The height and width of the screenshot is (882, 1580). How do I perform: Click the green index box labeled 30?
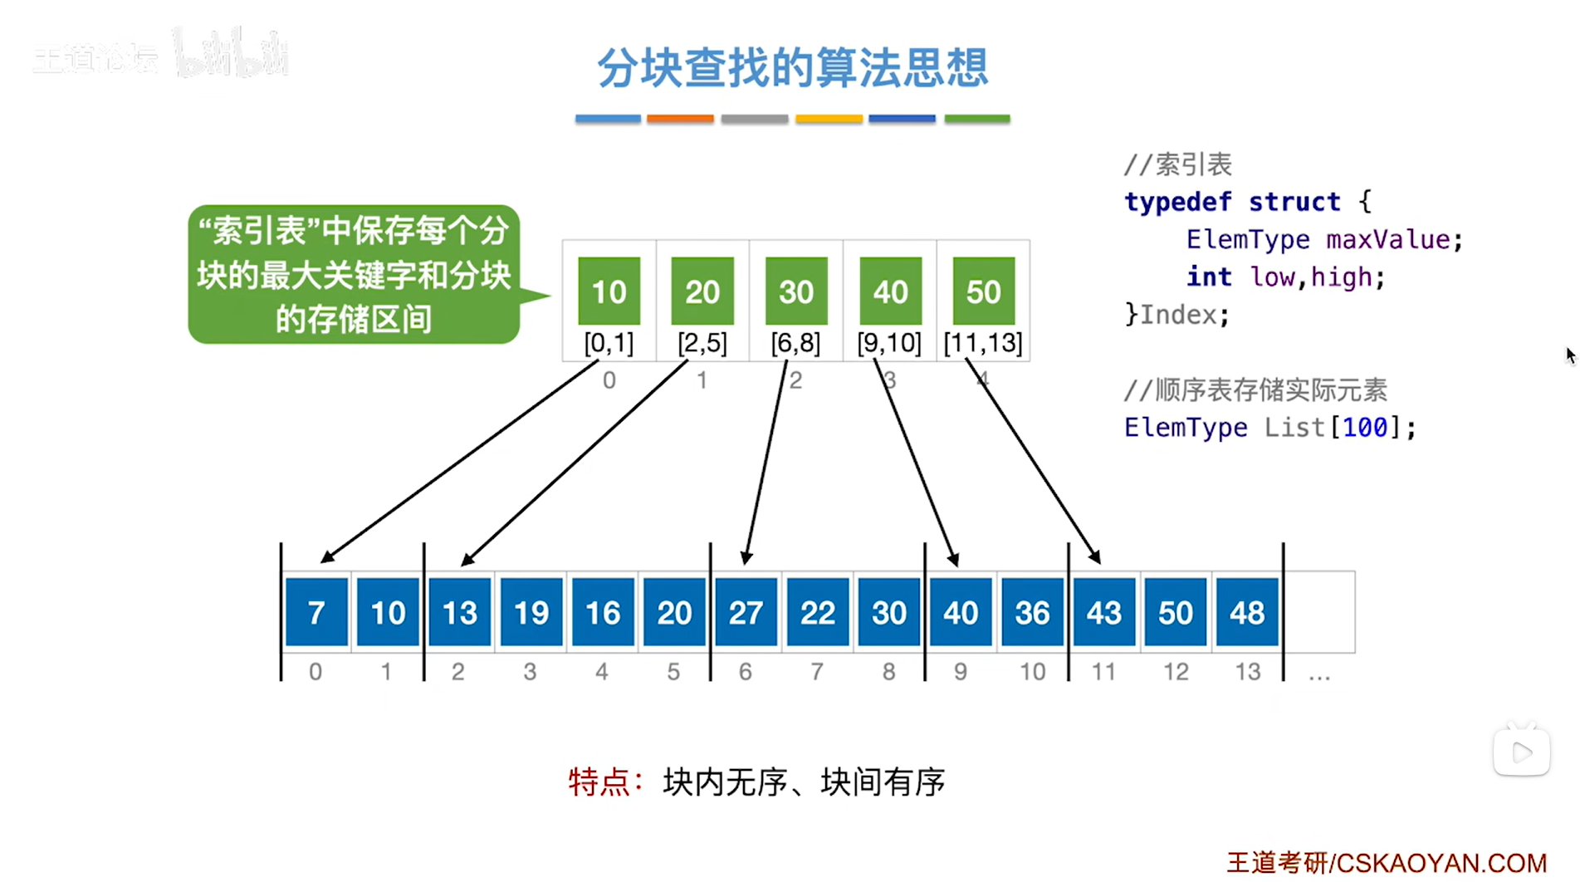click(796, 292)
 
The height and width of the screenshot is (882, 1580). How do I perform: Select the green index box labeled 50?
click(983, 292)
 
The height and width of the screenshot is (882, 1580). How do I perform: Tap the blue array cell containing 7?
click(316, 613)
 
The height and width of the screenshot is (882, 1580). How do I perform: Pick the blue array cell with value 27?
click(746, 613)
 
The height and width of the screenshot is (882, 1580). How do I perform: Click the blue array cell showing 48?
click(1247, 613)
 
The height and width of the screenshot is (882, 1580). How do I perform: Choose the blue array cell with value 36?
click(1032, 613)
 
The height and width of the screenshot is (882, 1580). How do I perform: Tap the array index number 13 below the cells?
click(1247, 671)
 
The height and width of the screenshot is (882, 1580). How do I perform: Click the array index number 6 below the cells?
click(746, 671)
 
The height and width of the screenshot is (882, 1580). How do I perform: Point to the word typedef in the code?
click(1177, 202)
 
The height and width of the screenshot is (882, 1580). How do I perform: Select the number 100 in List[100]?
click(1365, 428)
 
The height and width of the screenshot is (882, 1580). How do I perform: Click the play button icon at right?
click(1521, 752)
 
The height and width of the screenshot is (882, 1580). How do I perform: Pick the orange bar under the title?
click(680, 120)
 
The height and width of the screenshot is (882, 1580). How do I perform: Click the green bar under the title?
click(977, 120)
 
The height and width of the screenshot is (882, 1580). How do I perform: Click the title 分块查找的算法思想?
click(792, 68)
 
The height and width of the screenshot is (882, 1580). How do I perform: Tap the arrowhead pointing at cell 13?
click(467, 560)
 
